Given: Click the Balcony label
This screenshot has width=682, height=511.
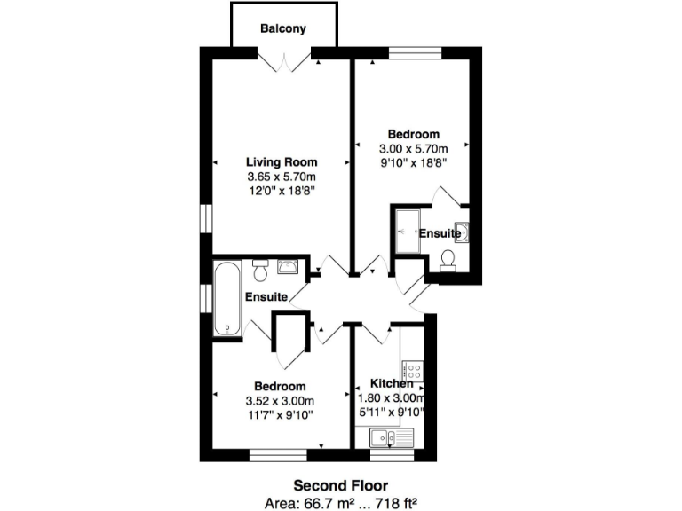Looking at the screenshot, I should click(282, 28).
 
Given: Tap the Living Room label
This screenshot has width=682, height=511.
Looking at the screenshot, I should click(282, 162).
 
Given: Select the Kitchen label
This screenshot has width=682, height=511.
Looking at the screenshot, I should click(392, 384).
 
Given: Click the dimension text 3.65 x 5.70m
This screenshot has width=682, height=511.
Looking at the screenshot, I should click(282, 177).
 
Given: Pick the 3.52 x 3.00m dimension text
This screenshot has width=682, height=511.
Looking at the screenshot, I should click(281, 400).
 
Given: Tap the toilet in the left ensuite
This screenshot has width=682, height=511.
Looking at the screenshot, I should click(260, 266).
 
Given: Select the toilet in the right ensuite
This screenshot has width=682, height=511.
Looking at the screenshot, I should click(448, 258).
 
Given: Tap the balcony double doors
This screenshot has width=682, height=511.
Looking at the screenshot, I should click(284, 62).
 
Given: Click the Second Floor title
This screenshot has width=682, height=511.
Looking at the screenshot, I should click(341, 485).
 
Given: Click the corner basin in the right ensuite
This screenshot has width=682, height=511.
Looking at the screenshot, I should click(462, 232).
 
